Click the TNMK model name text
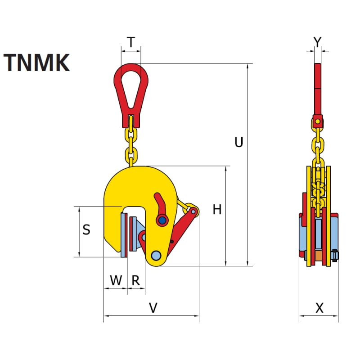coord(37,63)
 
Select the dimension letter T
coord(130,42)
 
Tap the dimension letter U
coord(239,142)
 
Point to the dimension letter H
coord(217,209)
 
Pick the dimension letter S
coord(87,230)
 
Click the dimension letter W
coord(116,281)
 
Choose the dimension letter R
coord(135,281)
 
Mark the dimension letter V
coord(153,308)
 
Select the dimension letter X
coord(319,308)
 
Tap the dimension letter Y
coord(317,42)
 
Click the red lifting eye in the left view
coord(130,92)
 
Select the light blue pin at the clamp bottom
coord(156,255)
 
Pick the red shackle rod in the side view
coord(318,90)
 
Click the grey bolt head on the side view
coord(336,256)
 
